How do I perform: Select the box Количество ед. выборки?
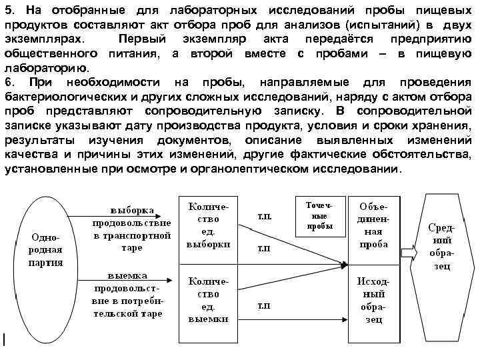tap(209, 226)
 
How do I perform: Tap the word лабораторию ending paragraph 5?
tap(46, 68)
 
